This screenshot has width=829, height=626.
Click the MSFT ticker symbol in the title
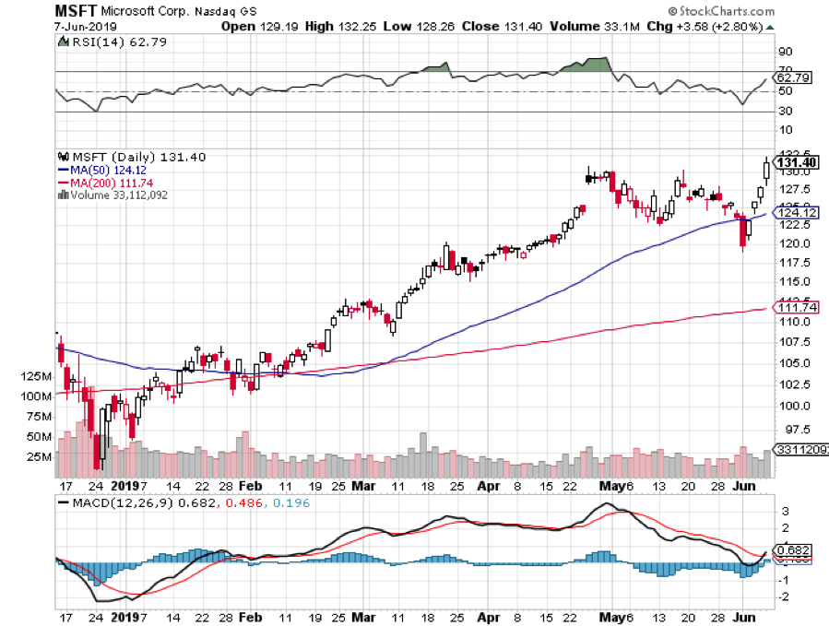click(77, 11)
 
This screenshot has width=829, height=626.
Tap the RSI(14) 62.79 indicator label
click(101, 41)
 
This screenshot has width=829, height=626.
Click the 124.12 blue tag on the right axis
click(795, 213)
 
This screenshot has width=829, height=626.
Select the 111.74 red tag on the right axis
click(795, 307)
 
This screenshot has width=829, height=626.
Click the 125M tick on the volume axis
click(34, 376)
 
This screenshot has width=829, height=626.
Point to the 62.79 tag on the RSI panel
click(796, 77)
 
